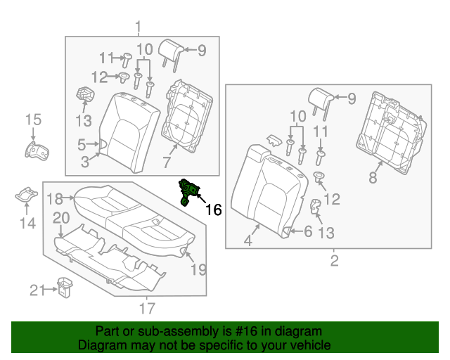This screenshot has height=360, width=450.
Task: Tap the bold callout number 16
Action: (x=213, y=210)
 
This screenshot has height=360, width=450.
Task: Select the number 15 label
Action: (x=34, y=120)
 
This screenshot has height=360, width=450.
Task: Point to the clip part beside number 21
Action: (x=65, y=288)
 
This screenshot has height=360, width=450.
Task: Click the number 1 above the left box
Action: (x=138, y=27)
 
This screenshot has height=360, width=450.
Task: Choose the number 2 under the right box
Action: (x=334, y=262)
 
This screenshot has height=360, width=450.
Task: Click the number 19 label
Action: (x=198, y=268)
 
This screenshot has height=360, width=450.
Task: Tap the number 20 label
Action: (x=61, y=217)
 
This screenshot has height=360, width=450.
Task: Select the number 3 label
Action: (x=84, y=163)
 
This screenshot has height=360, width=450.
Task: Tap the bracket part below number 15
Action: (x=33, y=150)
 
